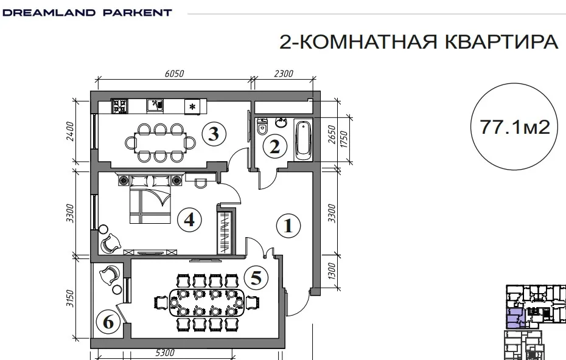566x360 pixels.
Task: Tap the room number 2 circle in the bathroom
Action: [x=274, y=147]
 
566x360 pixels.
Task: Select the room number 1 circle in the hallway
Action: [x=288, y=226]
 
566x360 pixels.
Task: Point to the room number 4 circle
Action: [x=189, y=220]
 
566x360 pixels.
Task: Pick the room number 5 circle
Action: [x=256, y=278]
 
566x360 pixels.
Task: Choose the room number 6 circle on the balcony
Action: [x=108, y=322]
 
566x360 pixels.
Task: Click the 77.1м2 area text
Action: [x=515, y=127]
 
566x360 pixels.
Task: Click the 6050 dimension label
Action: [x=174, y=74]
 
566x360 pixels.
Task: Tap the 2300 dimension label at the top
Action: [x=284, y=74]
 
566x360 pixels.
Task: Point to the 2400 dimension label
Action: [x=70, y=131]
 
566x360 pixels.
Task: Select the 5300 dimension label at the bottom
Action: [x=165, y=353]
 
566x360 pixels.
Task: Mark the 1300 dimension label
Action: [x=332, y=271]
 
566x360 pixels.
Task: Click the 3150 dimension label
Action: [x=70, y=299]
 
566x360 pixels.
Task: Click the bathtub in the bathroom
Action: [x=303, y=140]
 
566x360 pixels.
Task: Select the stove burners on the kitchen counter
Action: [x=120, y=106]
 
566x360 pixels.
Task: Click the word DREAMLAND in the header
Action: [x=49, y=13]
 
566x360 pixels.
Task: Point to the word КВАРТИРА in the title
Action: [x=501, y=42]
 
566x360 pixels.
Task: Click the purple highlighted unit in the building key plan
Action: [x=515, y=318]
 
